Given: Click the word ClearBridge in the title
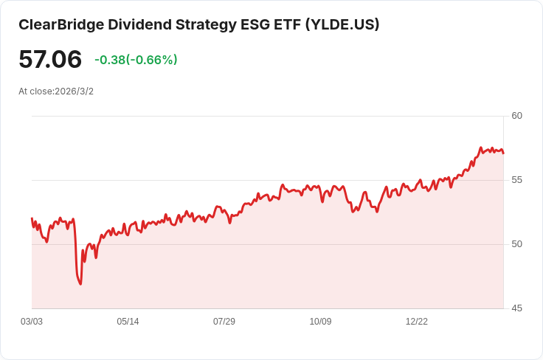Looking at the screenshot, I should (x=61, y=24).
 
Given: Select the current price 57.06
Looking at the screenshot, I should (x=50, y=60).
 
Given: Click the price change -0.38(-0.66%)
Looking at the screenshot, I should (x=136, y=60).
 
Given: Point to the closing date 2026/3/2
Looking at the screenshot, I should (x=75, y=91).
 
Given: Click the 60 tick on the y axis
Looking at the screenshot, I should (x=516, y=116).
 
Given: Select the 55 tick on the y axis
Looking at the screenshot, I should (x=516, y=180).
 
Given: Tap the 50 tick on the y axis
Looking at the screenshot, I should (x=516, y=244).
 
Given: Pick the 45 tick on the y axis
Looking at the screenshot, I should (x=516, y=308).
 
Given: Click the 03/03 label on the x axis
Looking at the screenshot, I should (x=32, y=322).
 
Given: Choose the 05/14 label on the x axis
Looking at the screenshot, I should (x=128, y=322).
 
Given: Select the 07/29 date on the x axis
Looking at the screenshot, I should (x=224, y=322).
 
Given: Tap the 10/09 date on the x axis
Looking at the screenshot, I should (x=320, y=322).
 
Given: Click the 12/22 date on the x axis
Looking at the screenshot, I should (x=417, y=322).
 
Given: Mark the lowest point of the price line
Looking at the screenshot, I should (x=80, y=284).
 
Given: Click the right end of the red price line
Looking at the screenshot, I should (x=503, y=153).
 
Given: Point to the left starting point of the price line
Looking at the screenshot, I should (x=32, y=218).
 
